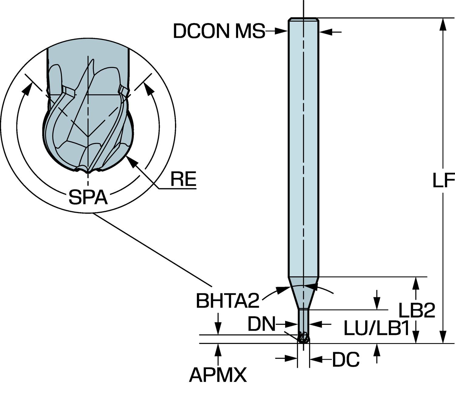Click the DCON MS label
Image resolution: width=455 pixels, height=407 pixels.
[219, 31]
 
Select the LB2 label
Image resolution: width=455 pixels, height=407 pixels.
[416, 310]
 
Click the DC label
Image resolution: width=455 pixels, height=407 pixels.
[346, 360]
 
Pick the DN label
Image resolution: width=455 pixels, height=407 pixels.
[261, 324]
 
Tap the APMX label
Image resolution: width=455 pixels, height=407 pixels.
[218, 375]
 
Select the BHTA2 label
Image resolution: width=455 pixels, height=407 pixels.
[227, 301]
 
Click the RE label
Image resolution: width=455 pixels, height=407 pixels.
[183, 179]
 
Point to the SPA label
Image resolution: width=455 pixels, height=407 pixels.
[88, 197]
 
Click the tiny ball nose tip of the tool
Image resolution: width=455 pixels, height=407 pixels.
[303, 339]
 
